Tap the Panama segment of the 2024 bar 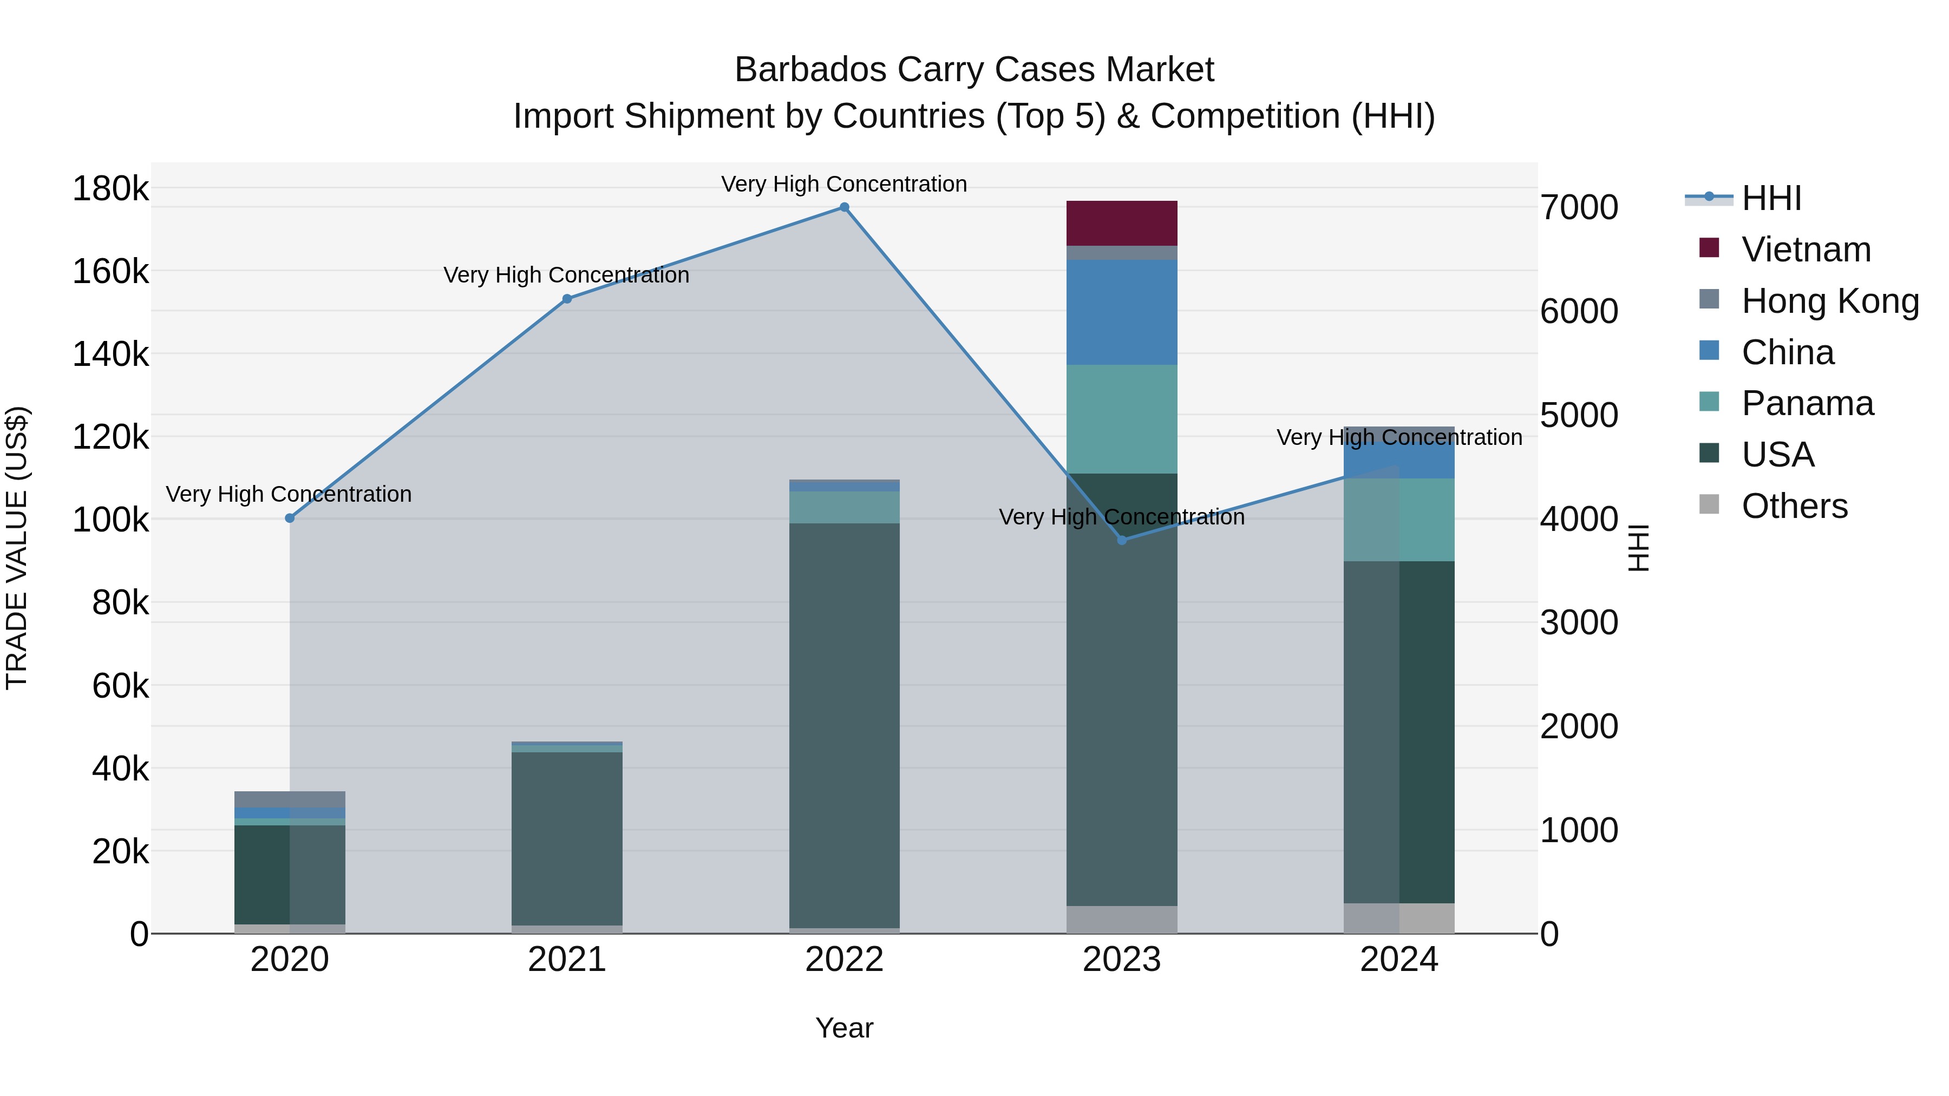click(x=1399, y=520)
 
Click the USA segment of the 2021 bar click(x=567, y=837)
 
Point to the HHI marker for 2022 click(x=845, y=207)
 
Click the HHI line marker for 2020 click(x=290, y=518)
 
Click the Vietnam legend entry click(x=1805, y=250)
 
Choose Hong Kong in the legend click(x=1829, y=301)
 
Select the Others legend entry click(x=1794, y=506)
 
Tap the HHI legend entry click(x=1770, y=198)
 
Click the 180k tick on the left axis click(x=110, y=188)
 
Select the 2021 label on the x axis click(x=567, y=960)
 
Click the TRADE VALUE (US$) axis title click(x=17, y=548)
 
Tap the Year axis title click(x=845, y=1028)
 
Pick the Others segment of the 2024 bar click(x=1399, y=918)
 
